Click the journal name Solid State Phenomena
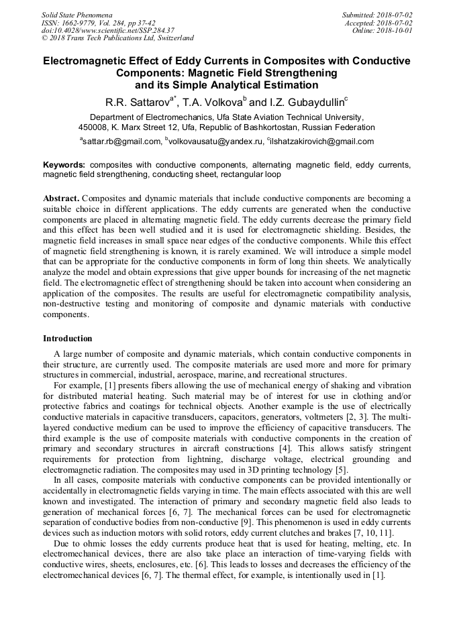[x=77, y=15]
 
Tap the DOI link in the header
[x=108, y=30]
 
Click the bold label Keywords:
[x=64, y=164]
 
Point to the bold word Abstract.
[x=61, y=199]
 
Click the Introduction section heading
[x=68, y=339]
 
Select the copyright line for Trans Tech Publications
[x=117, y=38]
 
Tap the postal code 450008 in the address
[x=94, y=127]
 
